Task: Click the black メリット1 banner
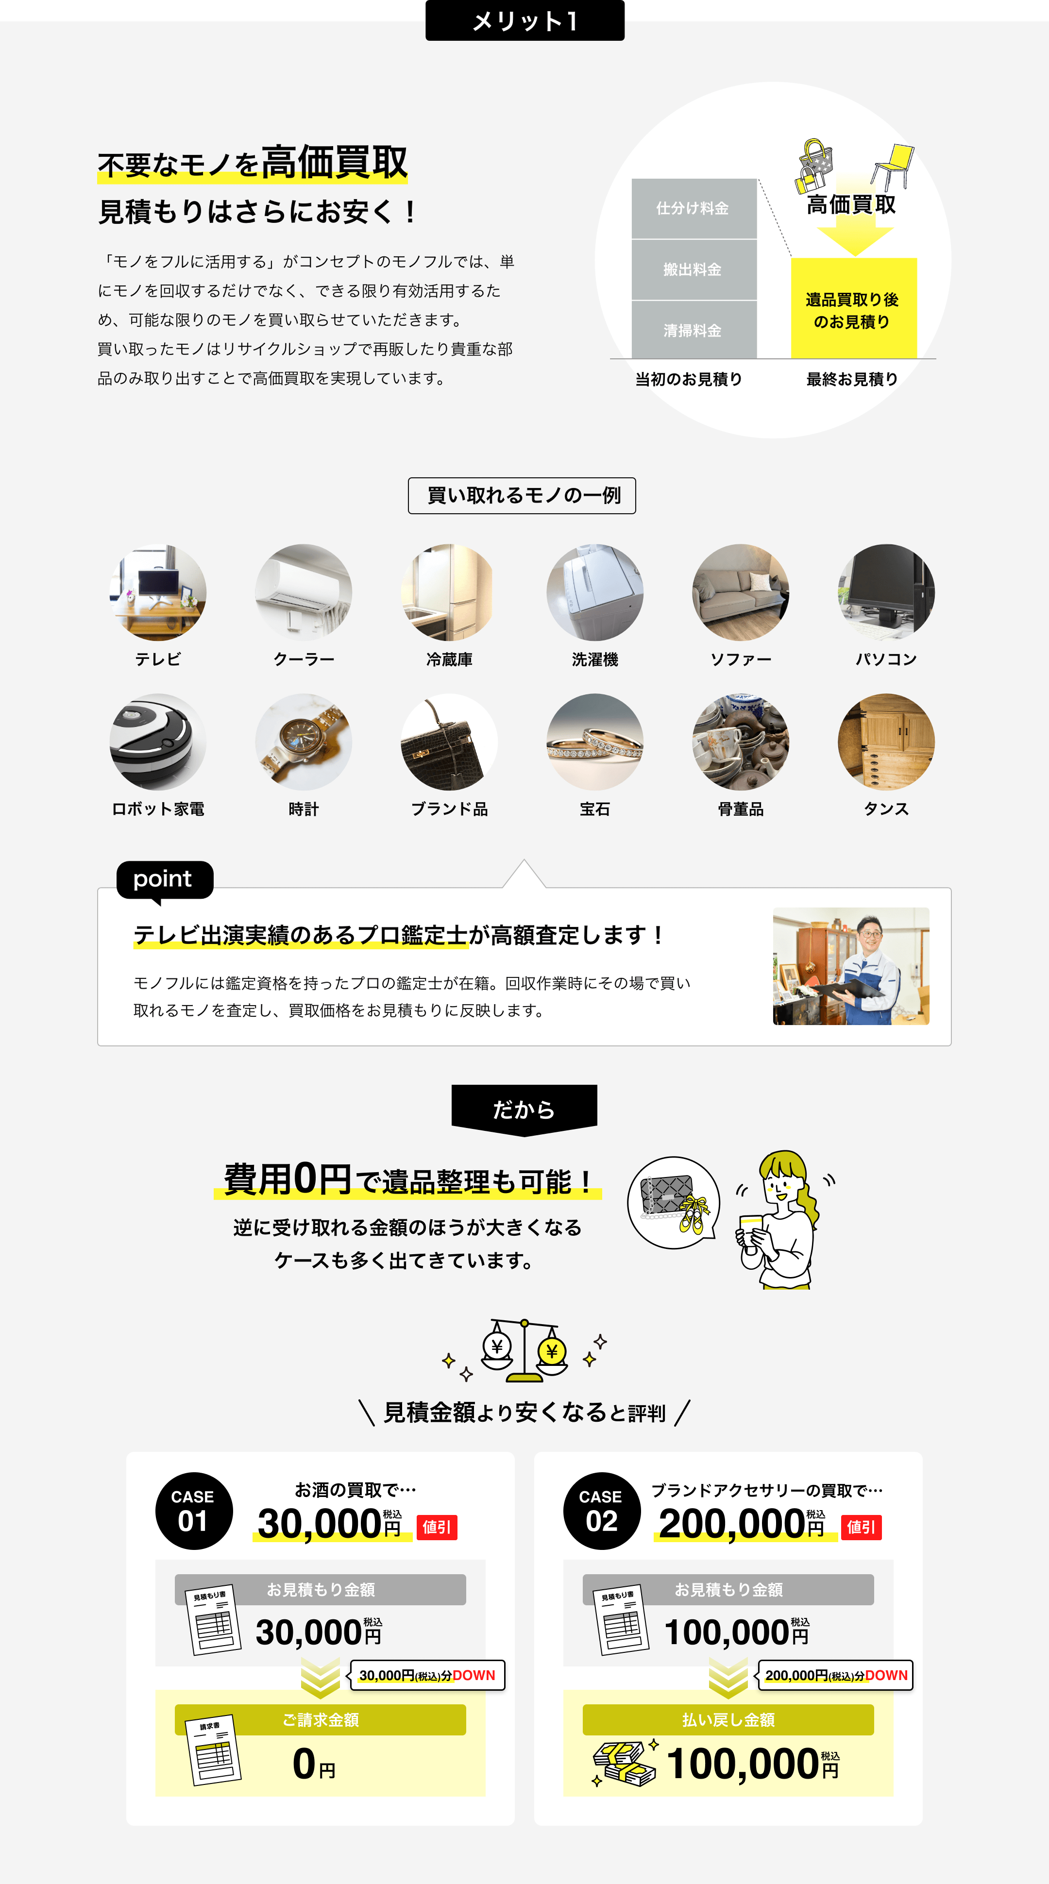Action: [524, 20]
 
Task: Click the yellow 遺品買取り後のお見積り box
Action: [853, 309]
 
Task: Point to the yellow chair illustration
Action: [893, 166]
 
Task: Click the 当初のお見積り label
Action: [688, 379]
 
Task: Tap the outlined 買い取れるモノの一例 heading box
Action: [522, 496]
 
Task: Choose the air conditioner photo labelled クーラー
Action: [304, 592]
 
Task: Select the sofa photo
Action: [740, 592]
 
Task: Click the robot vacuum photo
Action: [158, 741]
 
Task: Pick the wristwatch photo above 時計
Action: [304, 741]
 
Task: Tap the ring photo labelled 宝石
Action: [595, 741]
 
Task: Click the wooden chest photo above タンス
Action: [886, 741]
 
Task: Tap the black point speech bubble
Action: [165, 880]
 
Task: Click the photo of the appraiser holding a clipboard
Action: [851, 966]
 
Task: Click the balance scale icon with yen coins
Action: [524, 1351]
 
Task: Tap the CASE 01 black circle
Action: [194, 1511]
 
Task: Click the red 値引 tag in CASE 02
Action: [862, 1527]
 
